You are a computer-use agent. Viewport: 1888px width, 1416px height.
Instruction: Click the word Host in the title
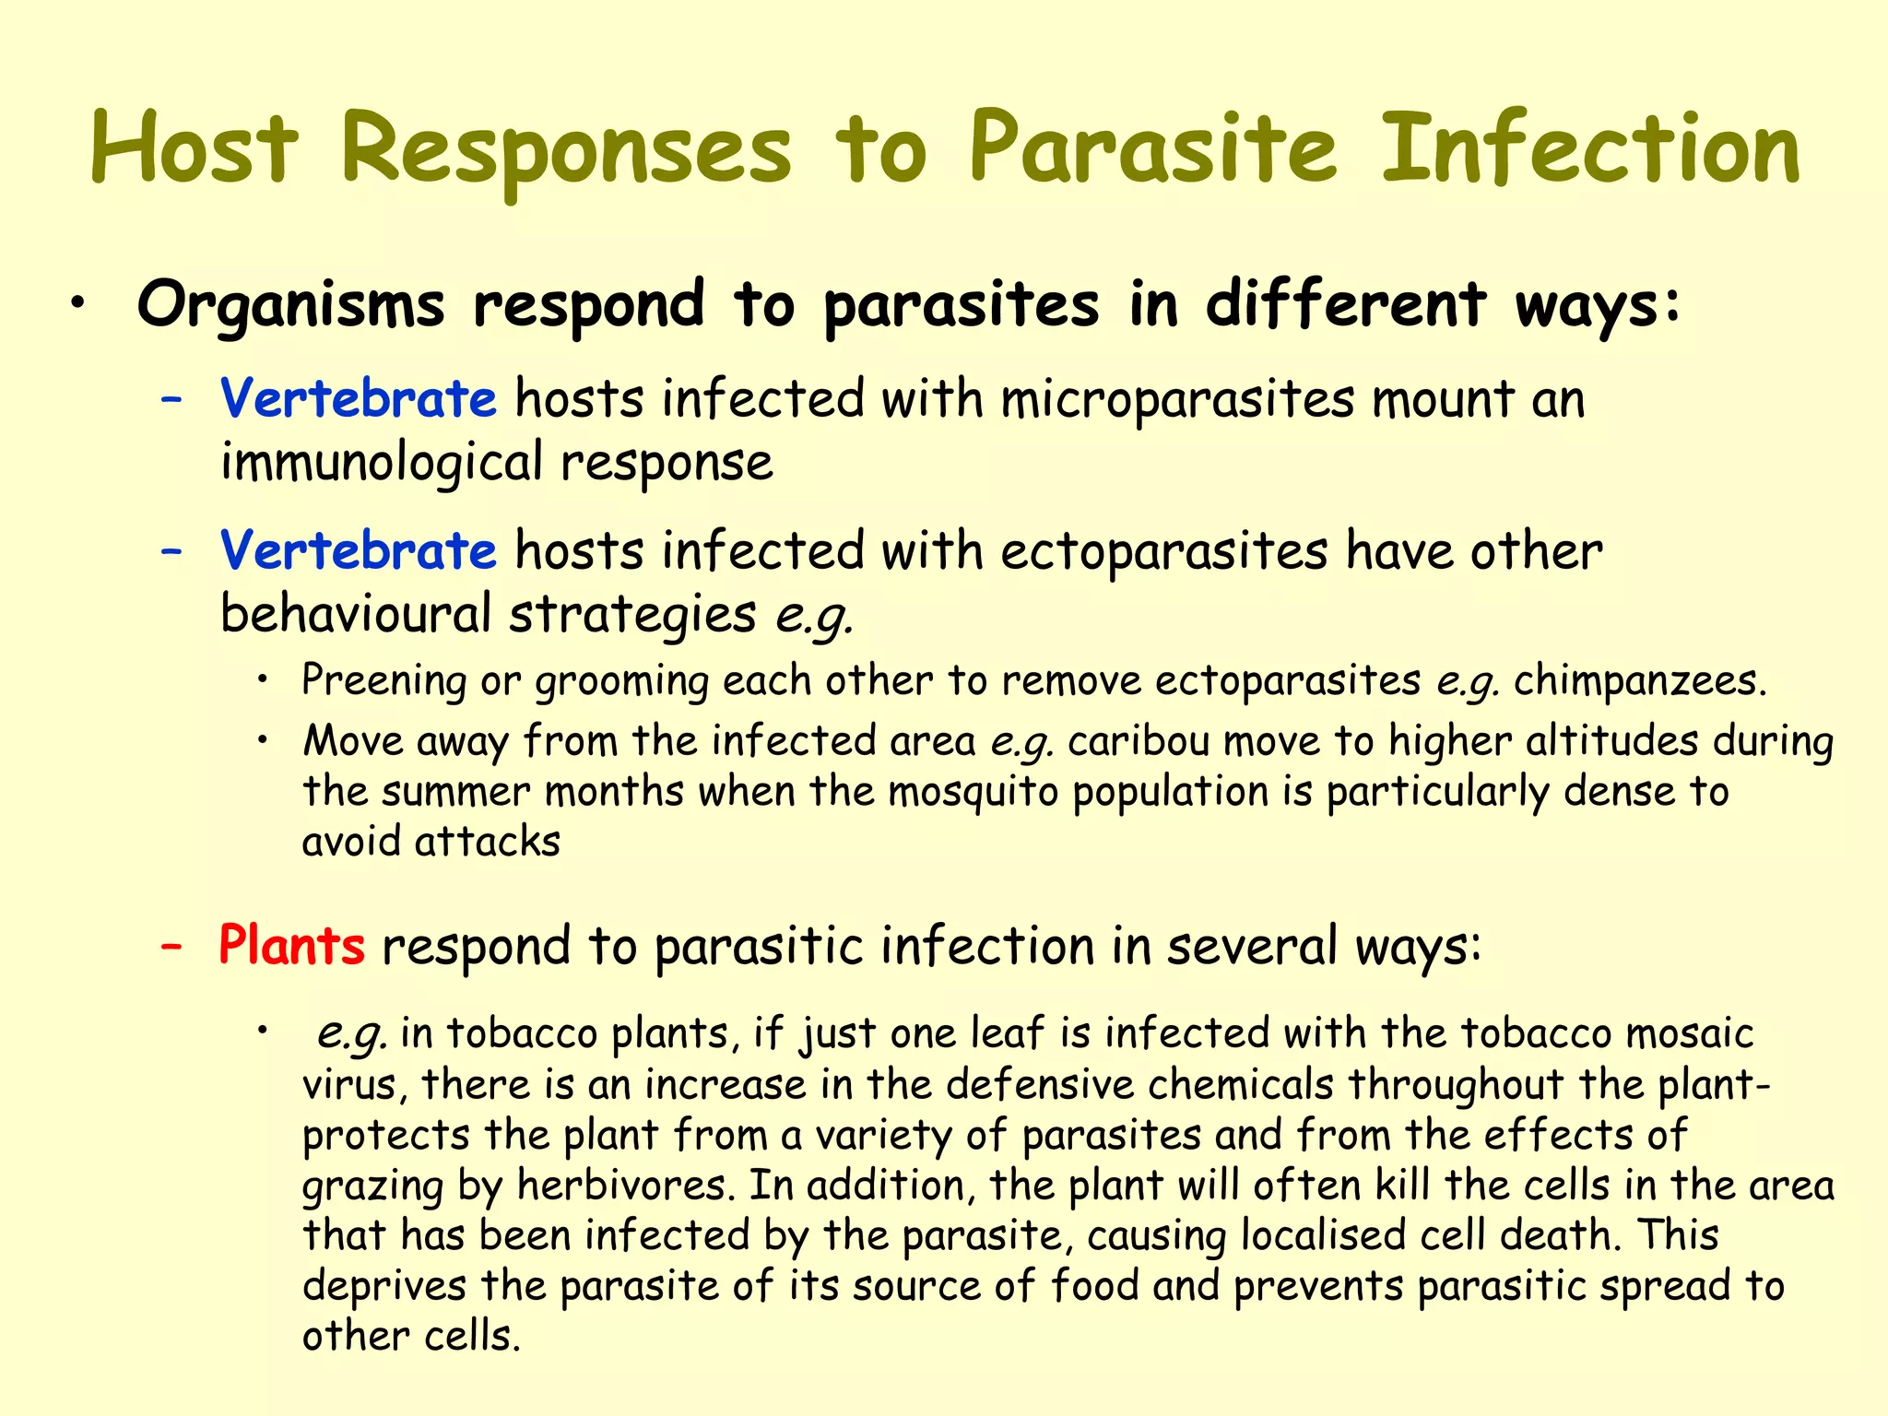195,148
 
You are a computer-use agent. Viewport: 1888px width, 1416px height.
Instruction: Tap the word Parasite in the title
1152,148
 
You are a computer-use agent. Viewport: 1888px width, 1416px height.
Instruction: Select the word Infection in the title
1590,148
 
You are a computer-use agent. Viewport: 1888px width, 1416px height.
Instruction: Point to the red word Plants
291,947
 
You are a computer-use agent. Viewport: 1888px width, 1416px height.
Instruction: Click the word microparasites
1177,401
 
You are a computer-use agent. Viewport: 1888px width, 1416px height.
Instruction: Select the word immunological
382,463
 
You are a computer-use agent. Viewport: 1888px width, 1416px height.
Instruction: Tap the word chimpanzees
1639,681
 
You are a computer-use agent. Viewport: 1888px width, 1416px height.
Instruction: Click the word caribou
1139,741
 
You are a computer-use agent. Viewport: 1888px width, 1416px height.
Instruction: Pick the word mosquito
973,792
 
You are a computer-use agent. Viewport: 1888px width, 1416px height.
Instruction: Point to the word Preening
384,682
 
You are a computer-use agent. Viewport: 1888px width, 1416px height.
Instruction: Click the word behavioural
356,614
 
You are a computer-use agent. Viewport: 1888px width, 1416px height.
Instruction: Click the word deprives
384,1287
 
